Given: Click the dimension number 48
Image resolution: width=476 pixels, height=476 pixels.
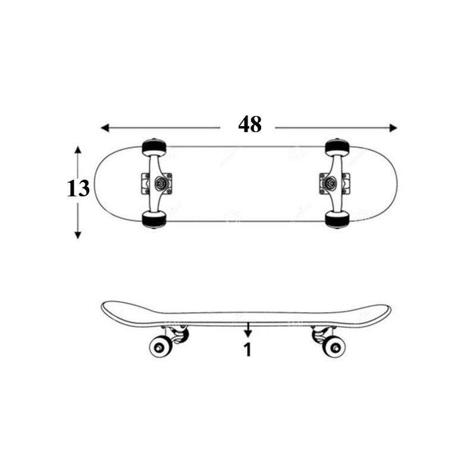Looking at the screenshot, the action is coord(249,124).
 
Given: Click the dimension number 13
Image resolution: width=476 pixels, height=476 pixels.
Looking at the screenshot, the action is coord(78,188).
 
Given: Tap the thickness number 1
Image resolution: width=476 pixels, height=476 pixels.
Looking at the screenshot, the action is coord(248,350).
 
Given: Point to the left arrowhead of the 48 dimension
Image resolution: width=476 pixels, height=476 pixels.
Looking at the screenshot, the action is coord(105,128).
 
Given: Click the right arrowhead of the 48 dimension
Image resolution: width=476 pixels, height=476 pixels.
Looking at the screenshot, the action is coord(393,128).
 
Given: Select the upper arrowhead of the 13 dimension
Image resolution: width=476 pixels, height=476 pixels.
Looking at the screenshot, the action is coord(78,151).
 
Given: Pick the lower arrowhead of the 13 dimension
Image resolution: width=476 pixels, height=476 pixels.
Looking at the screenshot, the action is coord(78,234).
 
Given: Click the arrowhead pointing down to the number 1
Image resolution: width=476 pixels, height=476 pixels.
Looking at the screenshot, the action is coord(248,334).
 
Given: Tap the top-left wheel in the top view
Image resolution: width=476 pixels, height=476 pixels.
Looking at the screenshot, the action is coord(154,147).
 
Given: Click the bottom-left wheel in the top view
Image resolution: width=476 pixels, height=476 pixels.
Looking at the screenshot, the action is coord(154,220).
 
